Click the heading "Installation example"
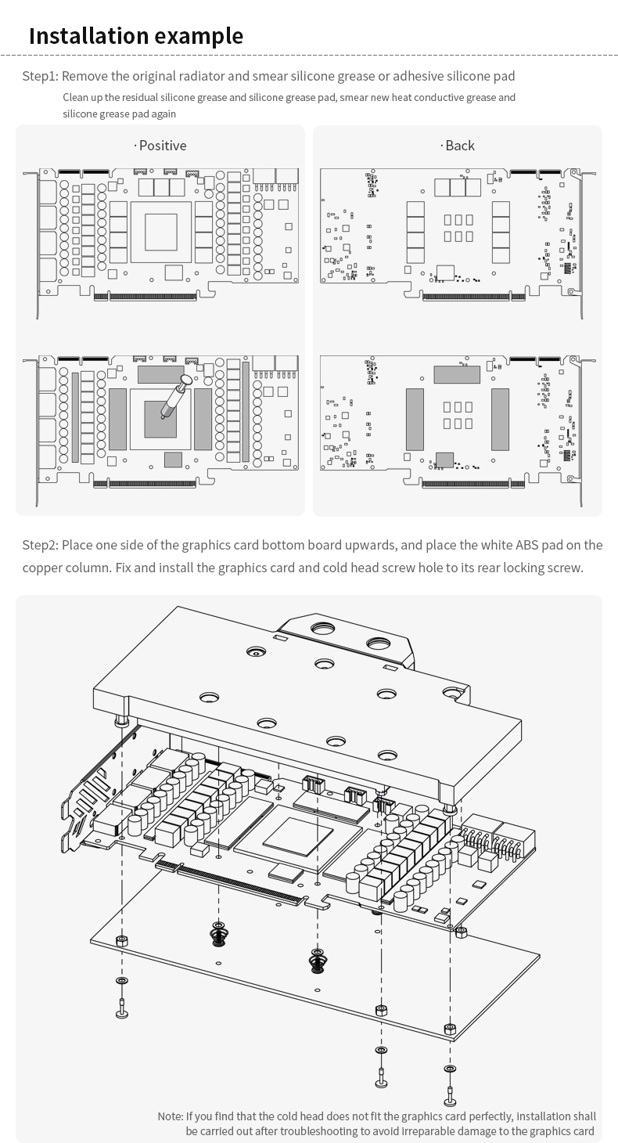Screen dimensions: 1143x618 coord(136,36)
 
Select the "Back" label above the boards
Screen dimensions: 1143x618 coord(459,146)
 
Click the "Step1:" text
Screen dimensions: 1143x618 coord(40,76)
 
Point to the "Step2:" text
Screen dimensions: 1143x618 coord(40,545)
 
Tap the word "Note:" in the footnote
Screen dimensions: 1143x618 coord(170,1116)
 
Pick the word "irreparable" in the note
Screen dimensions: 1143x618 coord(426,1131)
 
